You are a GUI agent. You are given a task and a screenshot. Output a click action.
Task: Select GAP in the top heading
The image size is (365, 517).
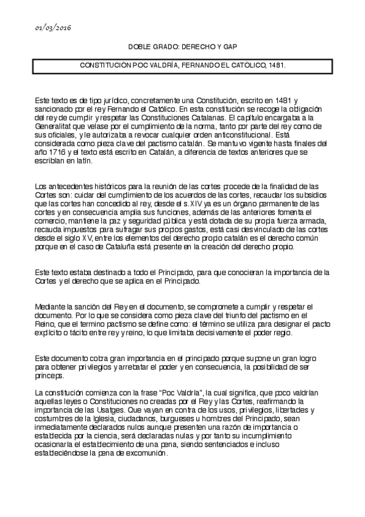(228, 47)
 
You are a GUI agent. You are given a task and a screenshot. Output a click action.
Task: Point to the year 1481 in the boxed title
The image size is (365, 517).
(274, 64)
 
